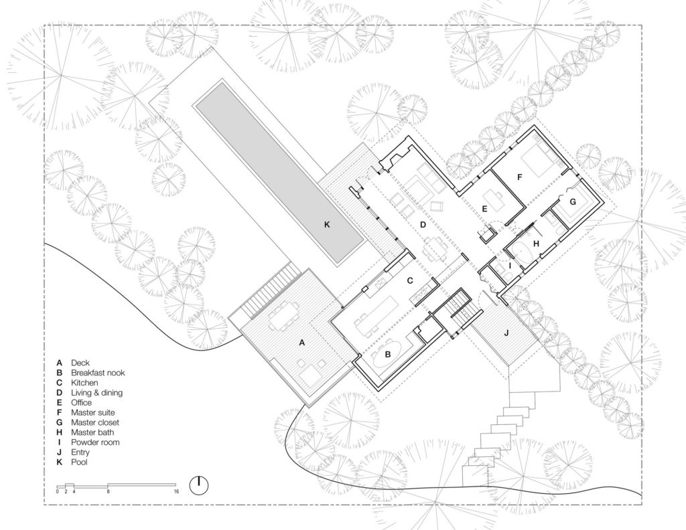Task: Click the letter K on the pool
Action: point(327,225)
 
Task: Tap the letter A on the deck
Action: point(301,342)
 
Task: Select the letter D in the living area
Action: point(423,224)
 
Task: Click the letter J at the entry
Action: point(506,331)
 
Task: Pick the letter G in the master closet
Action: point(572,201)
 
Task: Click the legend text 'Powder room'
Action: point(93,442)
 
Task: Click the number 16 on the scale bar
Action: point(176,492)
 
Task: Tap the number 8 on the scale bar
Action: point(108,492)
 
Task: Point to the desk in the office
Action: point(495,199)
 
